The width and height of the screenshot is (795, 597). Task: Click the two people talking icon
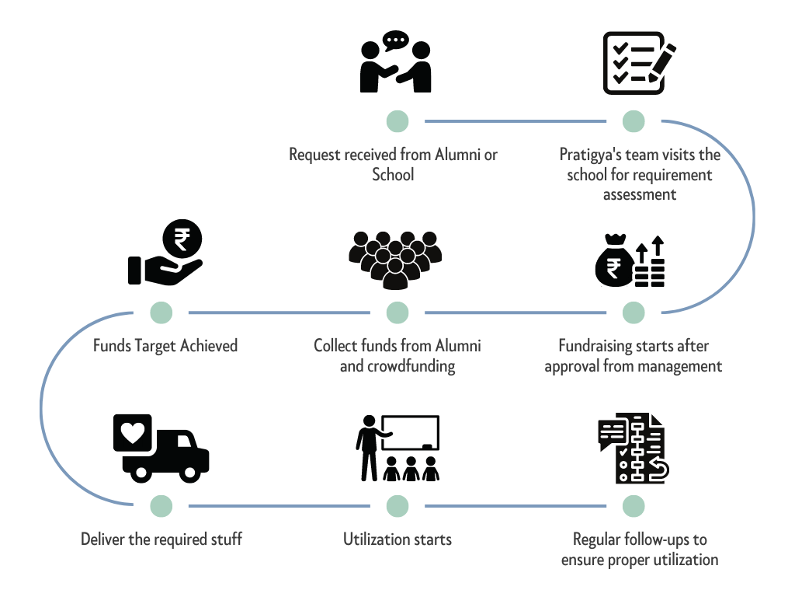(396, 64)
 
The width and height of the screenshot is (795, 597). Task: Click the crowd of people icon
(395, 256)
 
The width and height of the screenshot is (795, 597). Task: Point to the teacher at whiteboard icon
(397, 448)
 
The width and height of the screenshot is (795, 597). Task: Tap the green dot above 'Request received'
(397, 121)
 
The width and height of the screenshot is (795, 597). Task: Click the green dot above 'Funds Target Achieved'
(161, 312)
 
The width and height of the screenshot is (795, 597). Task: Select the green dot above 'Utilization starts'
(397, 506)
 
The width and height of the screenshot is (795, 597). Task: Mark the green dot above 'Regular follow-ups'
(634, 506)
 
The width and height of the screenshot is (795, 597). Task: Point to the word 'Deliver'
(103, 539)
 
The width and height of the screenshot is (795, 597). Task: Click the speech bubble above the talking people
(395, 40)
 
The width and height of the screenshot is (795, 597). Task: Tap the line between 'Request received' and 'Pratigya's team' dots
(516, 121)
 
